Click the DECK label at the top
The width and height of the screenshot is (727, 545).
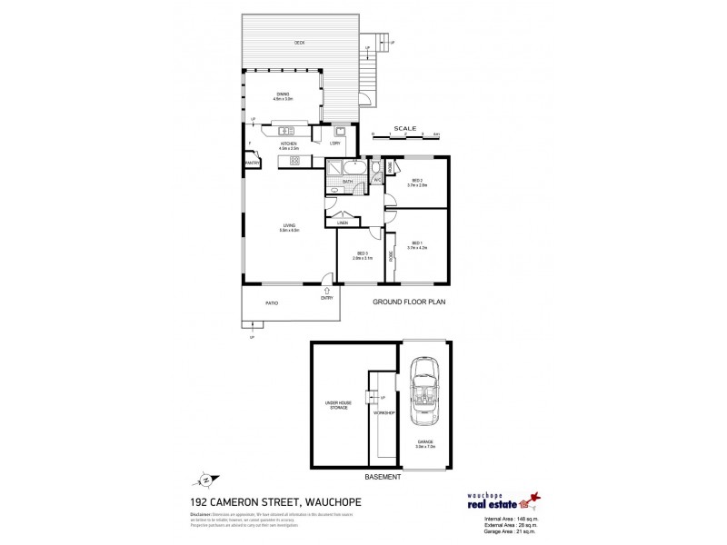pos(299,43)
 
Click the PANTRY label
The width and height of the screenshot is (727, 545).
pos(252,163)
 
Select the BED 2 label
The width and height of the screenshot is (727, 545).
pos(418,182)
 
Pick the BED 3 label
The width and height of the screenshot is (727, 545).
pos(362,255)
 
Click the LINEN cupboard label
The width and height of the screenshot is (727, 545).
pos(343,223)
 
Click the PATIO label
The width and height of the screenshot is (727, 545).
pos(271,302)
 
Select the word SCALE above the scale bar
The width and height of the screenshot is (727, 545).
pos(404,128)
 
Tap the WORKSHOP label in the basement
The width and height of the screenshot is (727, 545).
pos(383,413)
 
